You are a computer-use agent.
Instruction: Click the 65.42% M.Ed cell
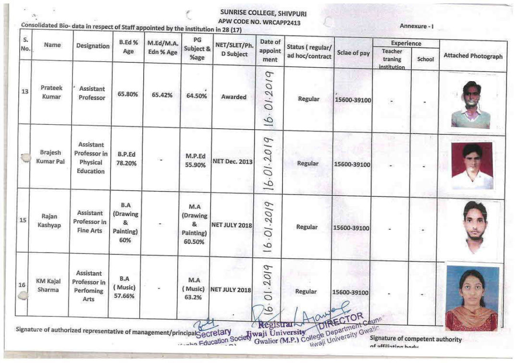pyautogui.click(x=162, y=95)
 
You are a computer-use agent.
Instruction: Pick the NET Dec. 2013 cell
pyautogui.click(x=233, y=162)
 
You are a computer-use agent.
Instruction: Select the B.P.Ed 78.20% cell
pyautogui.click(x=127, y=159)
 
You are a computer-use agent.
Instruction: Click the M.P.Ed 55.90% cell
pyautogui.click(x=196, y=160)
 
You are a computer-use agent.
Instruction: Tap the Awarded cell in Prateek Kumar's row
pyautogui.click(x=234, y=97)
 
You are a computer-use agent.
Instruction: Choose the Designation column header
pyautogui.click(x=93, y=46)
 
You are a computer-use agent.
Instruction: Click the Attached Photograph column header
pyautogui.click(x=473, y=56)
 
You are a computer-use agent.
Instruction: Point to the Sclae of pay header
pyautogui.click(x=353, y=53)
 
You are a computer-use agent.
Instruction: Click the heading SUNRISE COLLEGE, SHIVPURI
pyautogui.click(x=263, y=13)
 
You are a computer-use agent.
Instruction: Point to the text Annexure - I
pyautogui.click(x=416, y=26)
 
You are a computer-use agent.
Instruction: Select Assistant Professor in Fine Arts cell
pyautogui.click(x=90, y=222)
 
